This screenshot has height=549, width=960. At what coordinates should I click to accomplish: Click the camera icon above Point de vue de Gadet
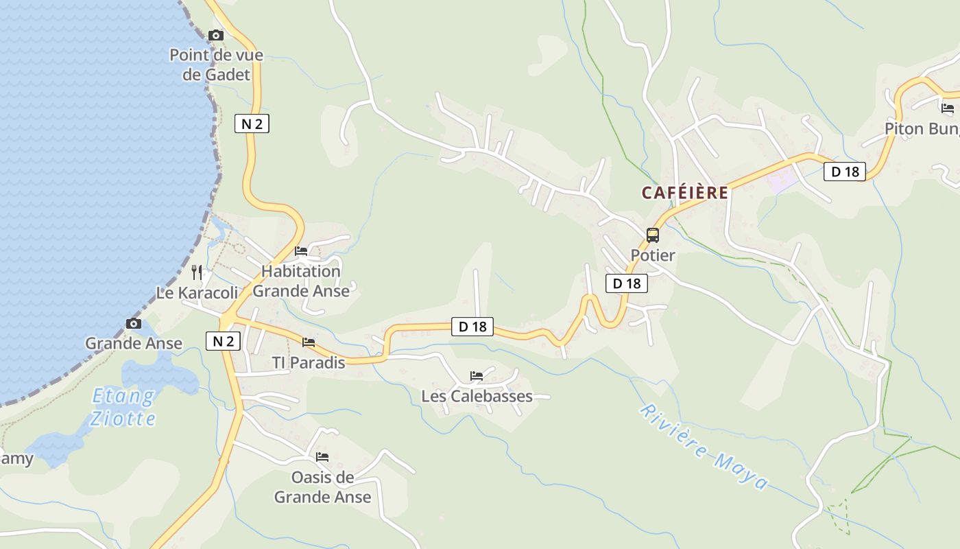(x=216, y=35)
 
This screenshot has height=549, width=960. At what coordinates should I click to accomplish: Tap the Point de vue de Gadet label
(x=216, y=65)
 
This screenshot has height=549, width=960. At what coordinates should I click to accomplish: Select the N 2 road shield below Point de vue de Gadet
(x=252, y=124)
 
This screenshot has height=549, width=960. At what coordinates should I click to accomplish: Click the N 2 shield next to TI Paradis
(x=223, y=341)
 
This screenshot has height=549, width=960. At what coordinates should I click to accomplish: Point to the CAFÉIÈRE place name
(x=684, y=193)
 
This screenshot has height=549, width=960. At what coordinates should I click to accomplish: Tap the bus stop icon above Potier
(x=653, y=235)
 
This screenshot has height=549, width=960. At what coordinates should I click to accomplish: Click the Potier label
(x=653, y=255)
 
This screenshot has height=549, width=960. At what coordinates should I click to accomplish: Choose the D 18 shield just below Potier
(x=627, y=283)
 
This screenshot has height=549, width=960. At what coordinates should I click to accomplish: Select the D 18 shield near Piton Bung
(x=845, y=172)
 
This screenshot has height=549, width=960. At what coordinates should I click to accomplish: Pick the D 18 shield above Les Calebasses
(x=472, y=327)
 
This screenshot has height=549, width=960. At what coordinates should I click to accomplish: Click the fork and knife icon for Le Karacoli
(x=197, y=272)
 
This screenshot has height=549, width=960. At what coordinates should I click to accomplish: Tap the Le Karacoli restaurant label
(x=197, y=293)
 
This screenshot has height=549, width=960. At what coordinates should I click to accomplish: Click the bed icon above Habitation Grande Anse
(x=301, y=251)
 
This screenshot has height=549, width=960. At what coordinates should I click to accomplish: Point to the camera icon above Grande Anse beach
(x=134, y=323)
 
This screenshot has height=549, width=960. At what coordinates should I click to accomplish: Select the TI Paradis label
(x=309, y=362)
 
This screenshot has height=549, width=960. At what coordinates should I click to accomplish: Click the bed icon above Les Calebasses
(x=477, y=376)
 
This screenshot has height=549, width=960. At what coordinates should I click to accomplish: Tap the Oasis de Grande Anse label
(x=322, y=487)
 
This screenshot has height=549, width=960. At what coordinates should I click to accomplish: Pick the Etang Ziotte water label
(x=123, y=407)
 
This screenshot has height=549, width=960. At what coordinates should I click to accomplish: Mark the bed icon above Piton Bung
(x=947, y=108)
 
